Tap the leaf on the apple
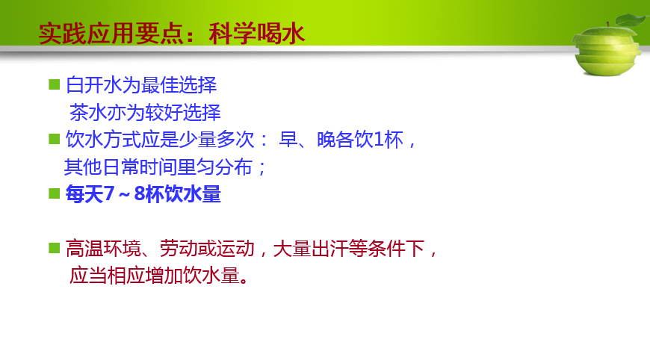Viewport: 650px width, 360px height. pyautogui.click(x=631, y=19)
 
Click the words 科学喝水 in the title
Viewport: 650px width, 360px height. pyautogui.click(x=257, y=34)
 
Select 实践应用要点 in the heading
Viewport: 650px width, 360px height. pyautogui.click(x=111, y=34)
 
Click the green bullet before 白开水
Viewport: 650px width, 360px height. pyautogui.click(x=55, y=84)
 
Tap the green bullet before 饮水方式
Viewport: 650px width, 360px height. pyautogui.click(x=55, y=139)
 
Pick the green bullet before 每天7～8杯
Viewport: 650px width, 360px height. pyautogui.click(x=55, y=193)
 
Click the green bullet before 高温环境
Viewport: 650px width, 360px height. pyautogui.click(x=55, y=248)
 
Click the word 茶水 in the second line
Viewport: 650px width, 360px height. pyautogui.click(x=88, y=112)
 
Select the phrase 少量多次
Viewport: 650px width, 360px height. pyautogui.click(x=217, y=140)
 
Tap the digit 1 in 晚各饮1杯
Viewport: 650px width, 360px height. pyautogui.click(x=379, y=140)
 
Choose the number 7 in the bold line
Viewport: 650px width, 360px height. pyautogui.click(x=108, y=193)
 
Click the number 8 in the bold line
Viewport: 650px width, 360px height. pyautogui.click(x=140, y=193)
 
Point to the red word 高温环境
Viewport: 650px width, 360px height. pyautogui.click(x=103, y=249)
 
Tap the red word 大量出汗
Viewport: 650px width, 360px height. pyautogui.click(x=311, y=249)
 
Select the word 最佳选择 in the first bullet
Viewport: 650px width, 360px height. pyautogui.click(x=179, y=85)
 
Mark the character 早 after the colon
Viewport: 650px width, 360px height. pyautogui.click(x=288, y=140)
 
